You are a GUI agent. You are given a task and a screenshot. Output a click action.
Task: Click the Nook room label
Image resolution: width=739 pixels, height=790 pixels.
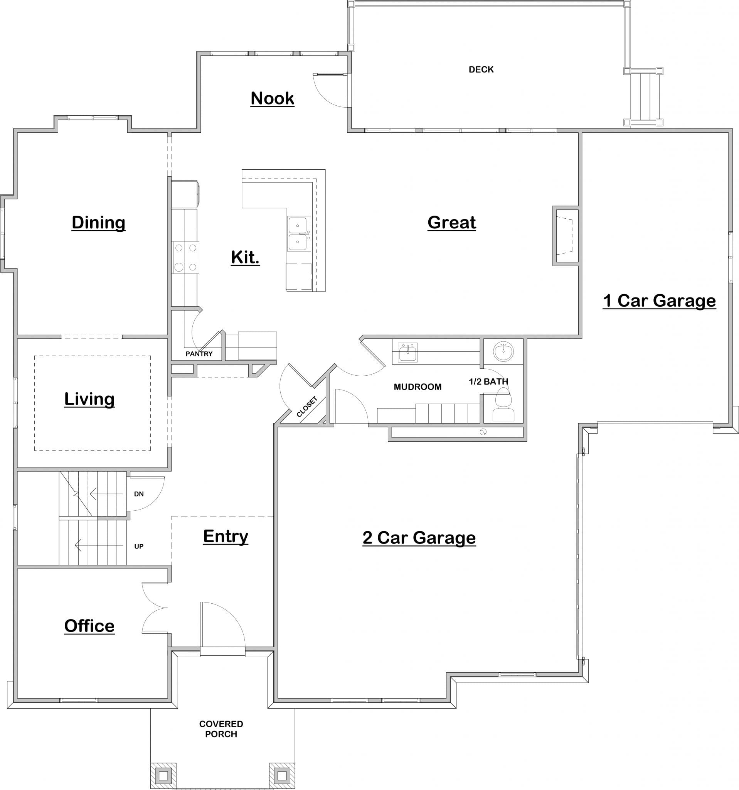[272, 98]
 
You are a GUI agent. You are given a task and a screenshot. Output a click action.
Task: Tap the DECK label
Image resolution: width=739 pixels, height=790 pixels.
[481, 69]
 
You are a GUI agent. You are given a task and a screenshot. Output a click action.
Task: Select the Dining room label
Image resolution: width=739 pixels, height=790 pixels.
[98, 223]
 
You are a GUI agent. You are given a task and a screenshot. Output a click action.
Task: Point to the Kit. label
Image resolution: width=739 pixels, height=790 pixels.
[245, 257]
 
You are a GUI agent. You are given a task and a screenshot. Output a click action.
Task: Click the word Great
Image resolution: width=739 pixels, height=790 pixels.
[451, 223]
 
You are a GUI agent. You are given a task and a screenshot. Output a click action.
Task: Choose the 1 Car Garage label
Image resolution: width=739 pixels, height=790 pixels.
[659, 300]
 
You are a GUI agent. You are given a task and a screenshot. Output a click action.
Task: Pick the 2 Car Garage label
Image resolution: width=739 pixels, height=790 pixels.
[419, 538]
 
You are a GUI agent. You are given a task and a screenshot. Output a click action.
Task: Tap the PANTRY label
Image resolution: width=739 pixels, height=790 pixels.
[199, 354]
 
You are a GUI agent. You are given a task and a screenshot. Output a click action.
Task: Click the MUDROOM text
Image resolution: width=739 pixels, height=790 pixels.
[417, 387]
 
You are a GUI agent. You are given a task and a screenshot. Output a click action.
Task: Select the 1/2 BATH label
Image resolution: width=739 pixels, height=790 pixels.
[488, 381]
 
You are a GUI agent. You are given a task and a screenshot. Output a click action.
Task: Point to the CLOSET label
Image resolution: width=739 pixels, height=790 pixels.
[307, 407]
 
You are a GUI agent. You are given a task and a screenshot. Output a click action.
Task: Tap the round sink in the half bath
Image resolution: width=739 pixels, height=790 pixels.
[503, 351]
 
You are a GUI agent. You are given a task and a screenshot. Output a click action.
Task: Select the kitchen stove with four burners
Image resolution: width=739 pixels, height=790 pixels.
[185, 257]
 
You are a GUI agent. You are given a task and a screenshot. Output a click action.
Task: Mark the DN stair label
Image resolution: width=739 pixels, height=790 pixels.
[139, 494]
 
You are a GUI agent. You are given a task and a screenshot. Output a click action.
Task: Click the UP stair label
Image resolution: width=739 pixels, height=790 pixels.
[139, 546]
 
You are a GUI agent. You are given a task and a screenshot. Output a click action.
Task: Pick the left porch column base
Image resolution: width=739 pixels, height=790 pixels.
[163, 775]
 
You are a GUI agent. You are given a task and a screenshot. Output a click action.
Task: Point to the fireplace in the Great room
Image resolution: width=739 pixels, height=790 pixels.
[565, 236]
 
